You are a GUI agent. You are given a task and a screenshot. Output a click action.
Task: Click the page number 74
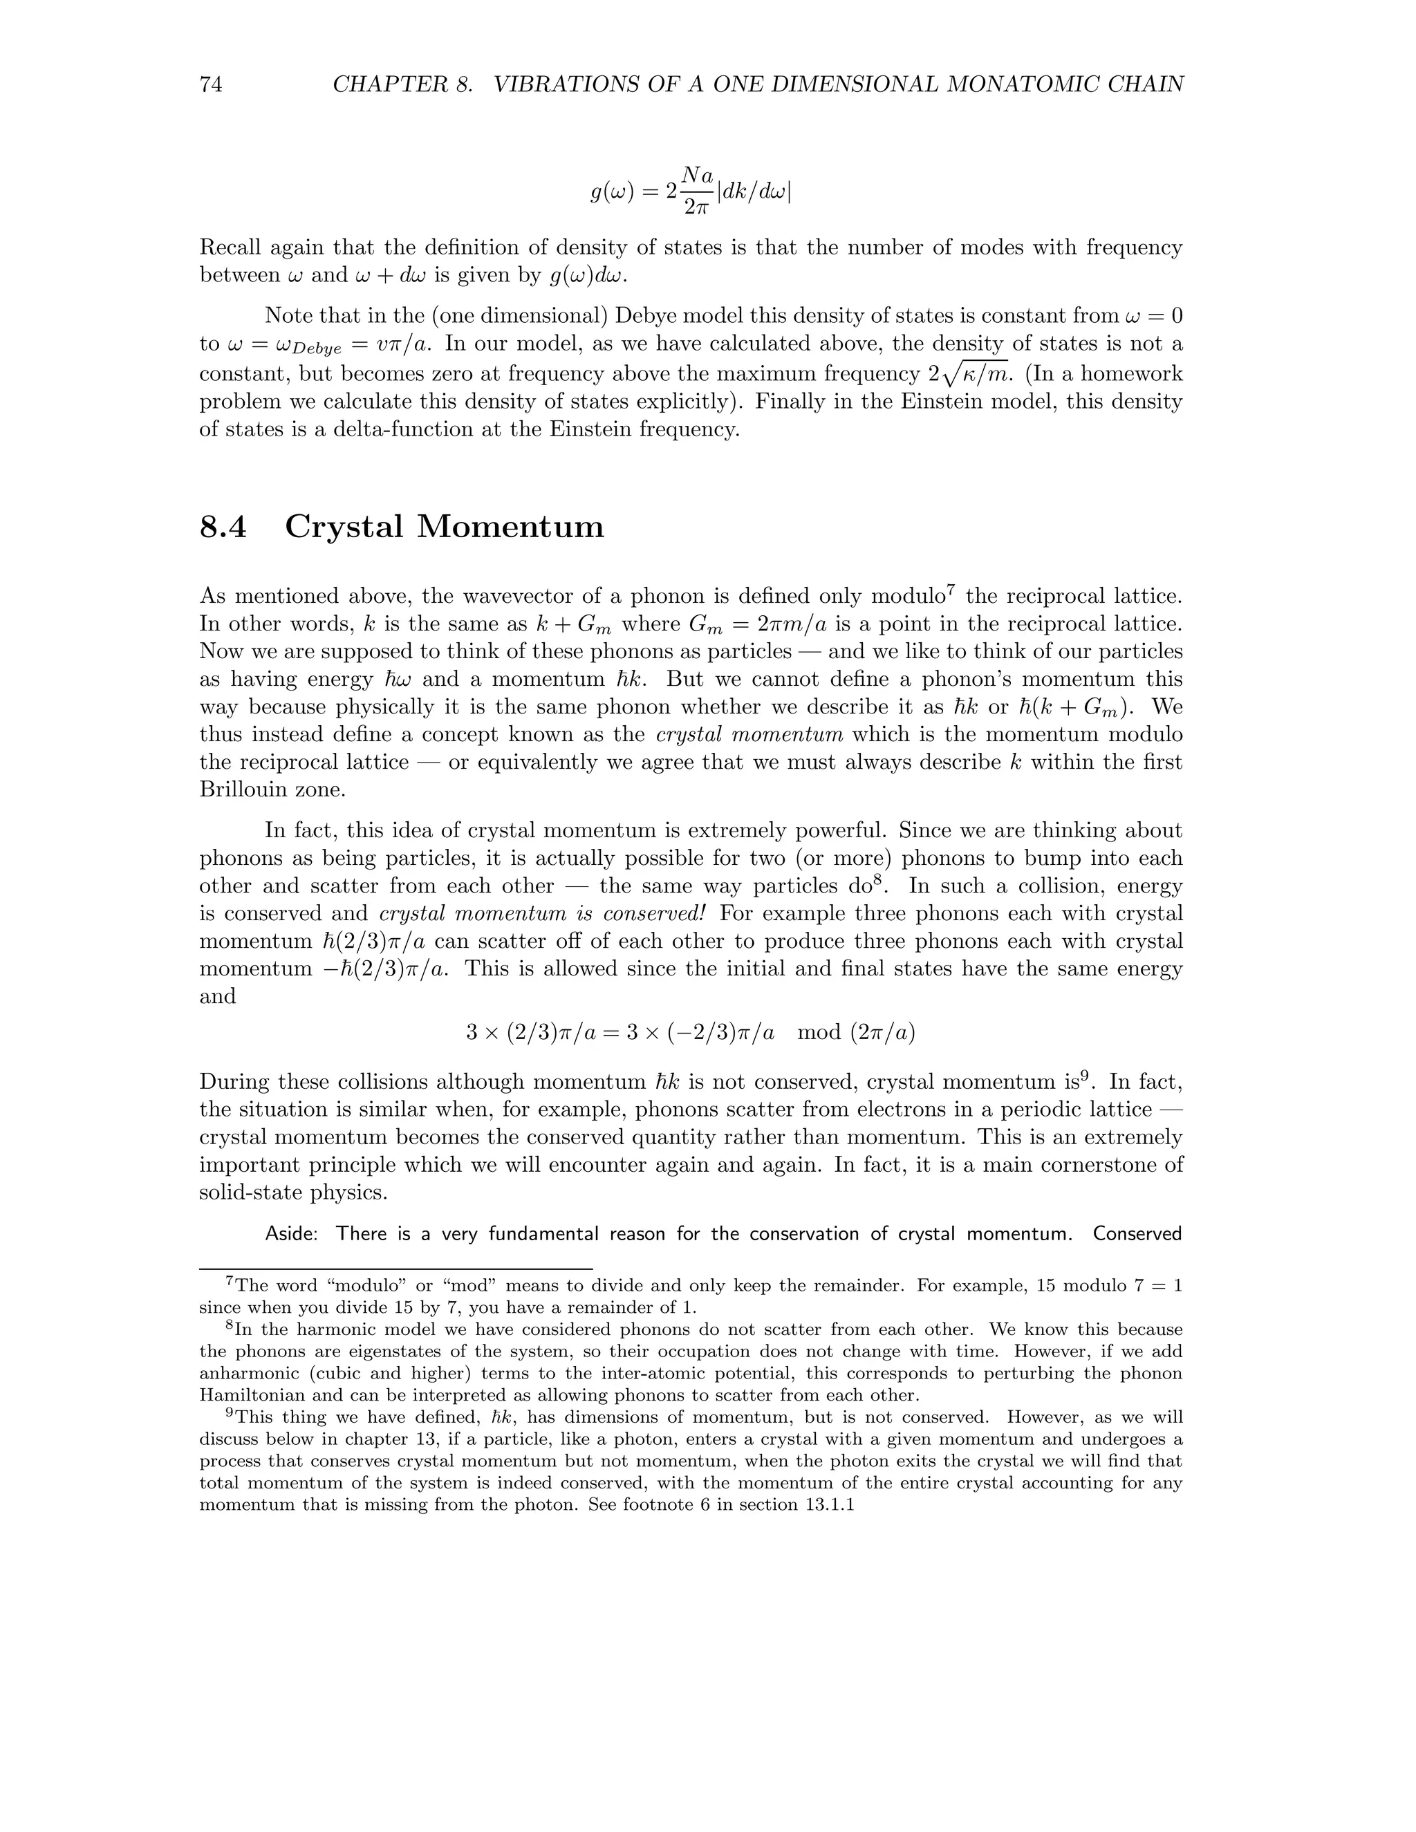click(211, 85)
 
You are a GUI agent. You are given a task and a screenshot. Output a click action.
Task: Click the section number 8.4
click(223, 527)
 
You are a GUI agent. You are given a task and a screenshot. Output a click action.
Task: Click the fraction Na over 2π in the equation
click(696, 190)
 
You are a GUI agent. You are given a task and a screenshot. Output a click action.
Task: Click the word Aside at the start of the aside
click(290, 1234)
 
